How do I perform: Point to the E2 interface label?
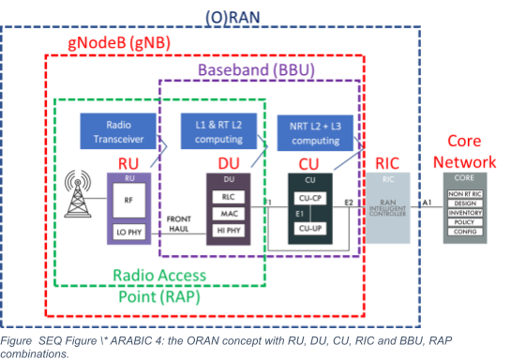coord(350,201)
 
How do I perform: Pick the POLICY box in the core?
coord(465,222)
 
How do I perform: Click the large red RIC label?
coord(387,162)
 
